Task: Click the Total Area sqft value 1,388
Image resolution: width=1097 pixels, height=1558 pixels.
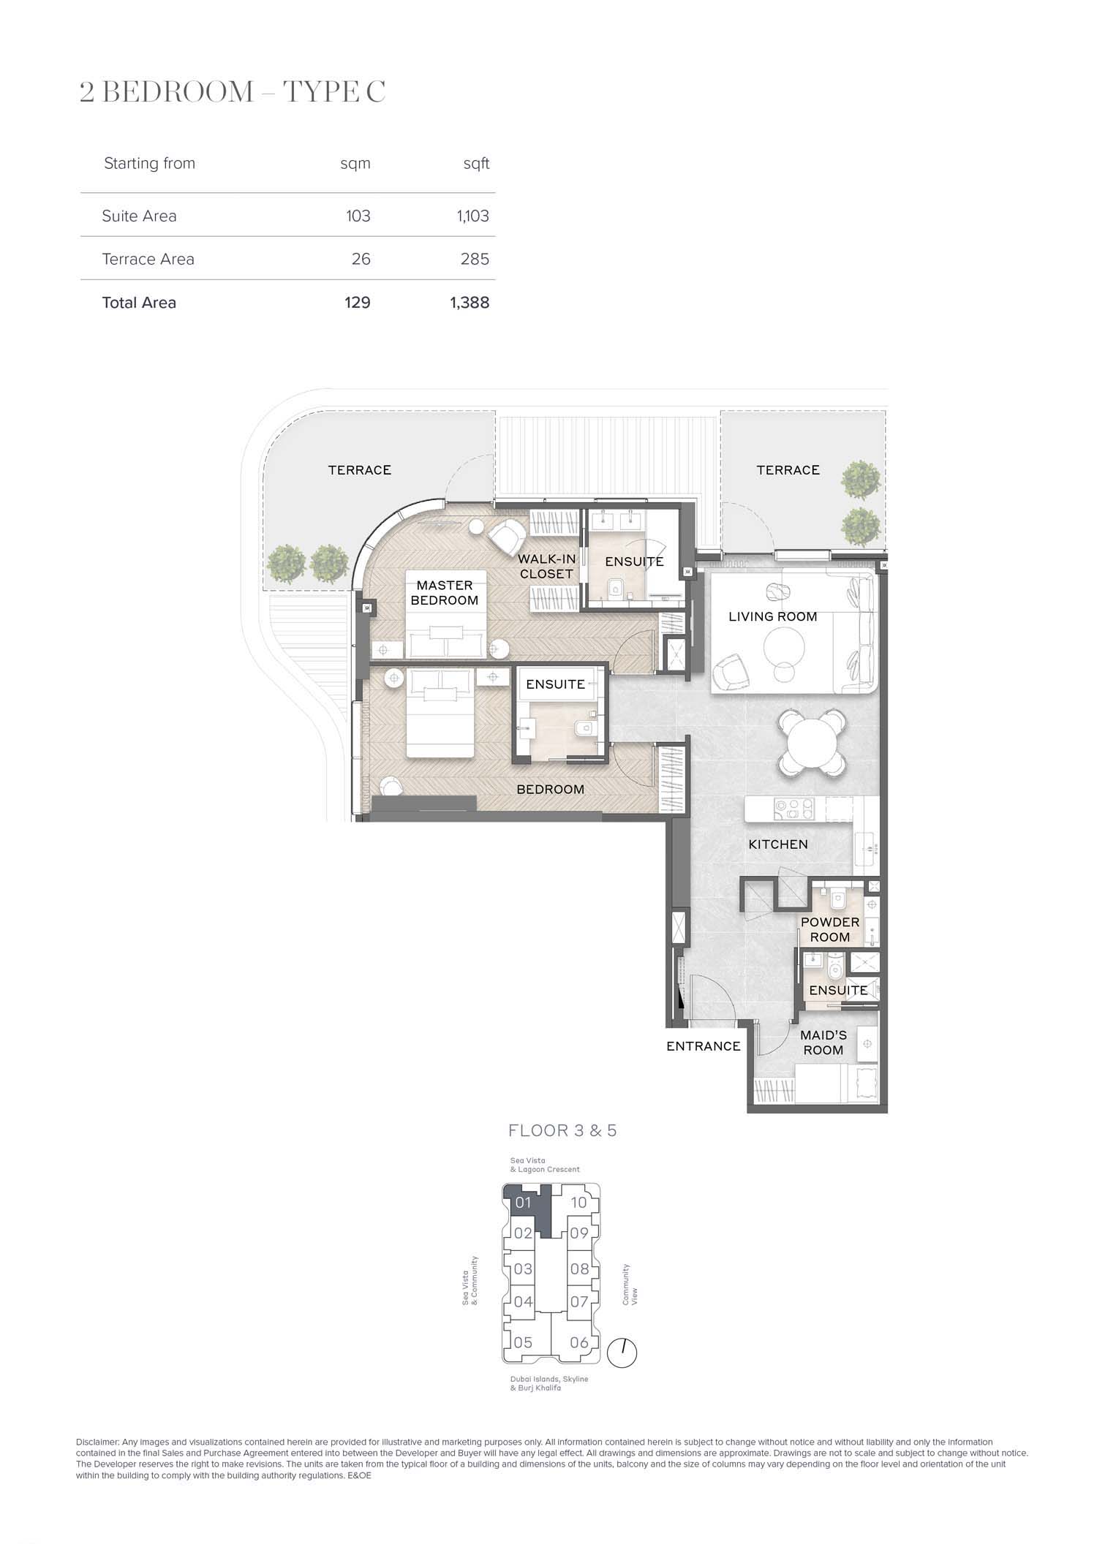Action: [470, 303]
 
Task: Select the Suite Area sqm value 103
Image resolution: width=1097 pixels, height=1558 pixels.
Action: [358, 216]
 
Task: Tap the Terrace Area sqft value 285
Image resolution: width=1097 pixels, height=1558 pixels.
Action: [475, 259]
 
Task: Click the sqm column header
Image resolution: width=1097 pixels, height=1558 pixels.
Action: [355, 164]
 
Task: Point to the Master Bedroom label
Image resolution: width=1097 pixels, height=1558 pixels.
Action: [445, 593]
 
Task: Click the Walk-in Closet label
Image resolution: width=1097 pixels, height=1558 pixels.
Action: [547, 567]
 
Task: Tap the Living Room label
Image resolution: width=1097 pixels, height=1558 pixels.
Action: [773, 616]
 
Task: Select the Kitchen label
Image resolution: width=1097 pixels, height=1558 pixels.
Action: [778, 844]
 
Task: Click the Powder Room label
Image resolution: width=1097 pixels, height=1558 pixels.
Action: [830, 930]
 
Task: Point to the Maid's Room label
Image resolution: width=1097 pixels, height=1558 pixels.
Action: [823, 1043]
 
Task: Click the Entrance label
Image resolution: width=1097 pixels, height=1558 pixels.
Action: [704, 1046]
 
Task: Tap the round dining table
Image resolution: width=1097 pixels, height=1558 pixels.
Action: [812, 742]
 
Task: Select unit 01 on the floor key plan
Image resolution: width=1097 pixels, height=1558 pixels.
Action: [523, 1203]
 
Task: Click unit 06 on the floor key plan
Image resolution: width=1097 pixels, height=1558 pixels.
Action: [579, 1342]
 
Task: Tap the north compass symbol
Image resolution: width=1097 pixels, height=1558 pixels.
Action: [622, 1353]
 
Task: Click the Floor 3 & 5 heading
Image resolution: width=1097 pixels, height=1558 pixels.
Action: [562, 1131]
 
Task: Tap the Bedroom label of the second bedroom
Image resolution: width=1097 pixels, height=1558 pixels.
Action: [551, 790]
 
